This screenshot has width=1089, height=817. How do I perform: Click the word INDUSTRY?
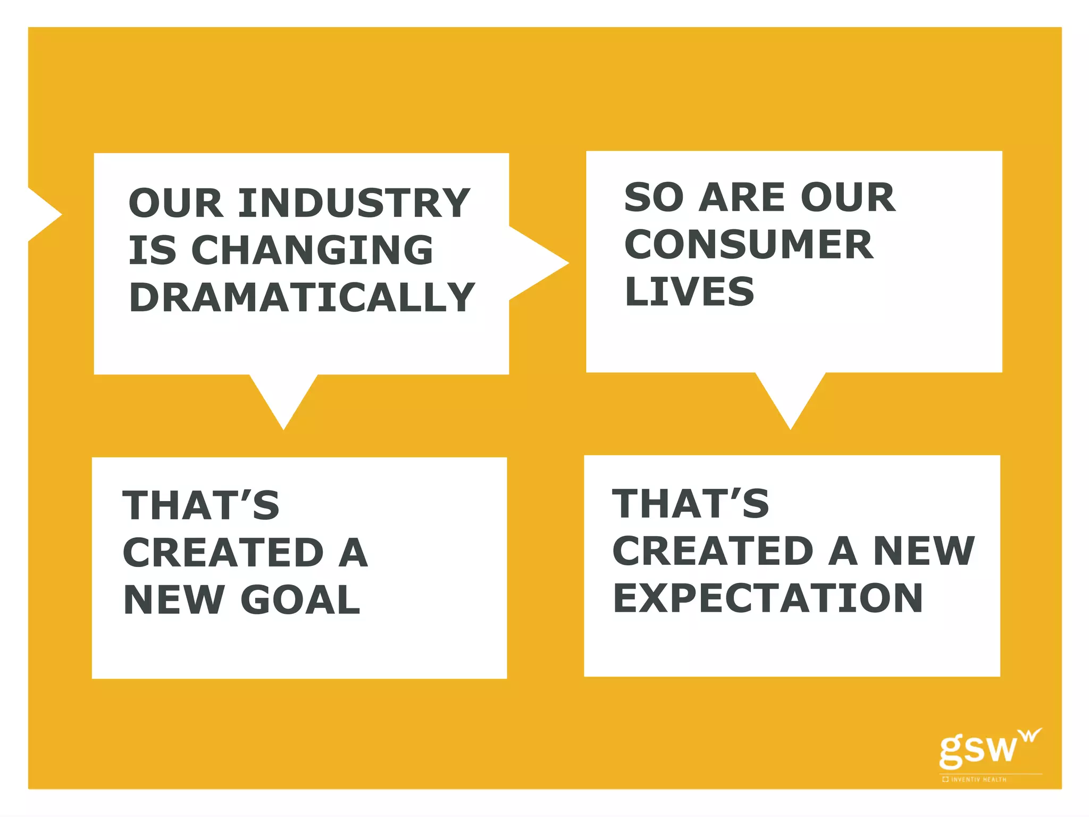(354, 203)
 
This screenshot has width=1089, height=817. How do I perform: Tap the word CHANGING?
(312, 250)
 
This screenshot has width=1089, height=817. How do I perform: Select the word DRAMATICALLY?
(301, 297)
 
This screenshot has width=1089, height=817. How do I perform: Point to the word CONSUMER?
(749, 245)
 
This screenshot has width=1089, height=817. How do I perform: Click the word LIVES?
(689, 291)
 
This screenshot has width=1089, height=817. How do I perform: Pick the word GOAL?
(300, 600)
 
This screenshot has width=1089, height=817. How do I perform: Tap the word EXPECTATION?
(768, 598)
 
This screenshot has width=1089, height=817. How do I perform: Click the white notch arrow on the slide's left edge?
(43, 215)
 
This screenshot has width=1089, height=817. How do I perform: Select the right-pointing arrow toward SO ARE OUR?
(537, 263)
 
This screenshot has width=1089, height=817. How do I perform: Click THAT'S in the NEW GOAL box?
(201, 505)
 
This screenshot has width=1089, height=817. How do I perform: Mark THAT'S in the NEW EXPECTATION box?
(690, 504)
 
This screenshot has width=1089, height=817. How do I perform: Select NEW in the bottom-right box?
(924, 551)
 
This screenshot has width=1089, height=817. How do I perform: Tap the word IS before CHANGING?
(152, 250)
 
